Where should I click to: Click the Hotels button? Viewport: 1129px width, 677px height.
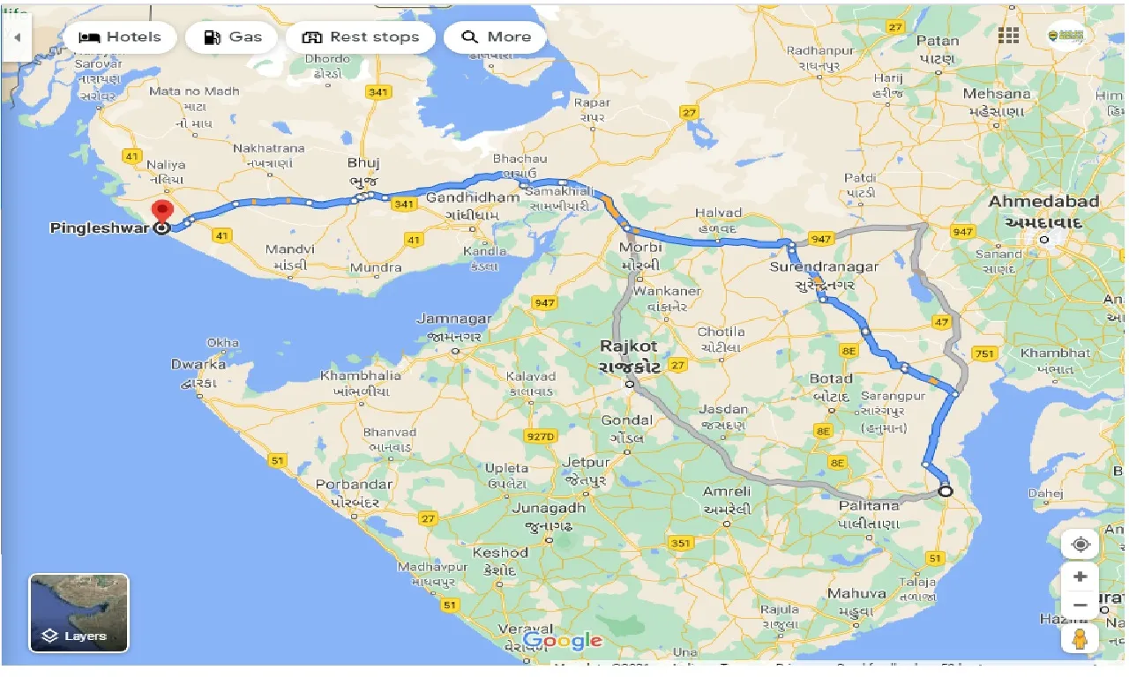[120, 37]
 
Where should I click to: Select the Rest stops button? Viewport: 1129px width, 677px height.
[360, 37]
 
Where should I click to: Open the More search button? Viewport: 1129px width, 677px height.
[496, 37]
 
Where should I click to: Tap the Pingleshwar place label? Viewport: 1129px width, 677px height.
[99, 227]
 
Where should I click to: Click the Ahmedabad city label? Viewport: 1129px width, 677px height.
[1043, 202]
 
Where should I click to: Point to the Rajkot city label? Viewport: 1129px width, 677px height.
[629, 347]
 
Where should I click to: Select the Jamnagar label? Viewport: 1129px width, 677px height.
[453, 318]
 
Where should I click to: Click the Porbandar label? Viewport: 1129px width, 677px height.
[354, 485]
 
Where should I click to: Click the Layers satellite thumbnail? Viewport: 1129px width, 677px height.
[79, 613]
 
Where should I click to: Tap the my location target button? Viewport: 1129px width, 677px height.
[1080, 545]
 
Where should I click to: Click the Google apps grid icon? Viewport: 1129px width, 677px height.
[1008, 35]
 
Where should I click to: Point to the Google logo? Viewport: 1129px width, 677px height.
[562, 641]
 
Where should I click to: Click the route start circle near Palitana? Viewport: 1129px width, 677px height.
[946, 491]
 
